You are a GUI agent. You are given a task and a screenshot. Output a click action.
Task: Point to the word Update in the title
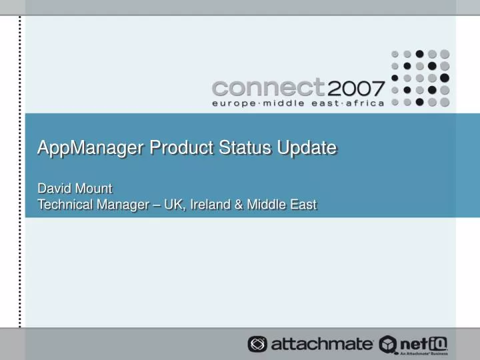307,147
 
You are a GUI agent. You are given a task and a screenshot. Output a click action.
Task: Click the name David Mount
74,189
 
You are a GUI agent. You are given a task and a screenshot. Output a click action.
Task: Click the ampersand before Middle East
239,205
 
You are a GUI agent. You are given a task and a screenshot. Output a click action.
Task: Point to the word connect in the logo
268,88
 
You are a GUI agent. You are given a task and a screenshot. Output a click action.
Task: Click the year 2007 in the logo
355,88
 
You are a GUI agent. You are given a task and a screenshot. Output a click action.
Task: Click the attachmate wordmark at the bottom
322,344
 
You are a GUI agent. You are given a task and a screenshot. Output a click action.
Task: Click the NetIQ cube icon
388,344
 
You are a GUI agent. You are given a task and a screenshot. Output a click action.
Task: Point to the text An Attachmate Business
429,353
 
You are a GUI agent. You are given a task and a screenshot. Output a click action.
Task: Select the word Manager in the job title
124,205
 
